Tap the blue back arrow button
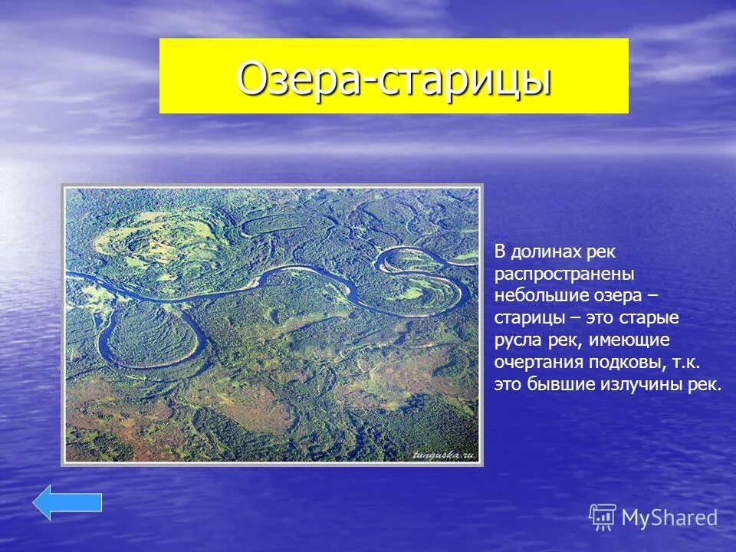(x=67, y=502)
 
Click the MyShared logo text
(x=669, y=517)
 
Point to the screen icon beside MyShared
(x=603, y=517)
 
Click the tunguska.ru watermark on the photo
(x=444, y=455)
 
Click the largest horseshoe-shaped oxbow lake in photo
(x=153, y=337)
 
